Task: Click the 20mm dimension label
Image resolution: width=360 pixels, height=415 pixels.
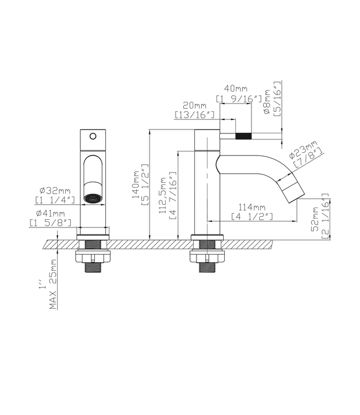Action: [194, 106]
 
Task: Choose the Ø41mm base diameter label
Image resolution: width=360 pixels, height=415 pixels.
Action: [50, 213]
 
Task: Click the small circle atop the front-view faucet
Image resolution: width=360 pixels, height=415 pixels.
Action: [92, 135]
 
